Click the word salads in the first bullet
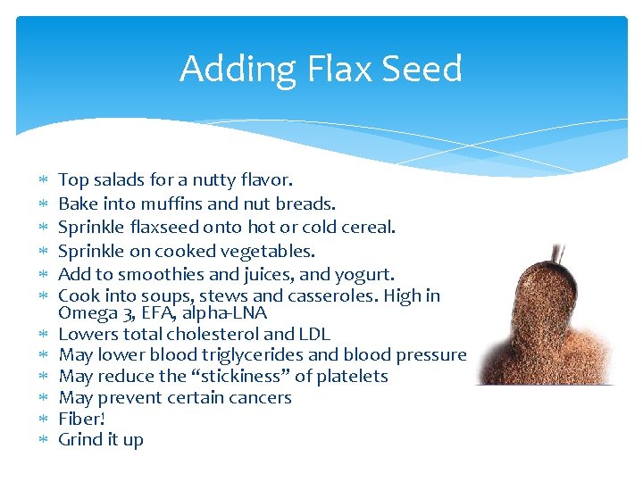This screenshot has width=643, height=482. tap(119, 180)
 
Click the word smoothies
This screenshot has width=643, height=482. tap(158, 274)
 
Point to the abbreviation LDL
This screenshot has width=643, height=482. tap(314, 334)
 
